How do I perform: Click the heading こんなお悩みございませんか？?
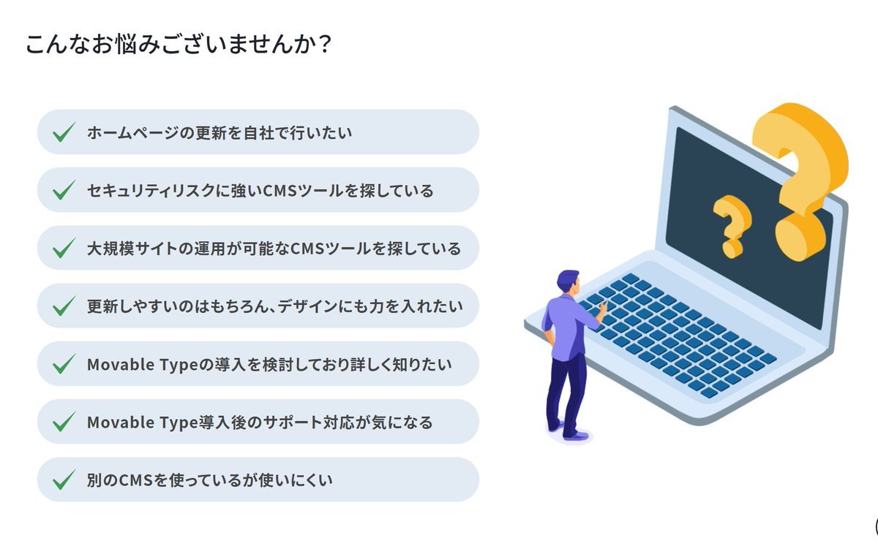[x=179, y=45]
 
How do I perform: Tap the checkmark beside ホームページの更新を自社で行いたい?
[x=64, y=133]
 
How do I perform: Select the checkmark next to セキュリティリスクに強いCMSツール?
[x=64, y=191]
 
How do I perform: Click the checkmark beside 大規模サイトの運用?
[x=64, y=249]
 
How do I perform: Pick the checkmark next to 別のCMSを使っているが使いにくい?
[x=64, y=480]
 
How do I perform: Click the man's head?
[x=568, y=281]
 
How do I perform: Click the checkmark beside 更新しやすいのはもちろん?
[x=64, y=306]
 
